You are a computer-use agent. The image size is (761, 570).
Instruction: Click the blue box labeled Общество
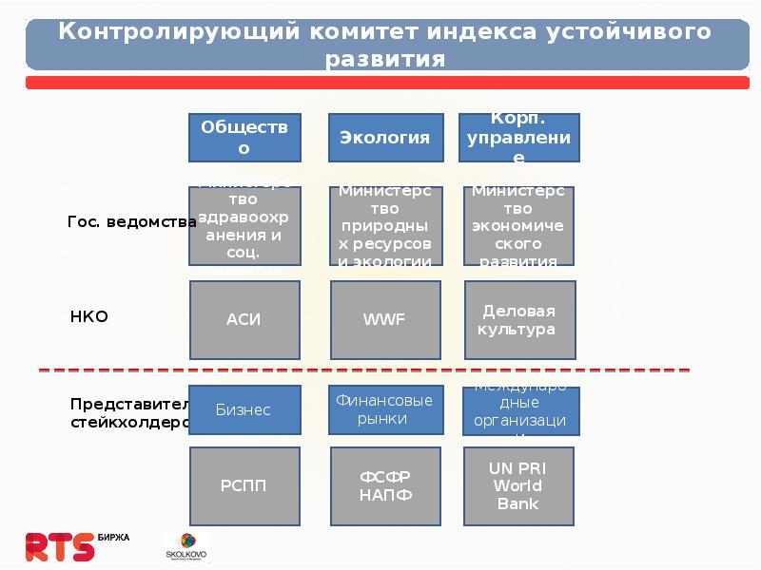tap(244, 137)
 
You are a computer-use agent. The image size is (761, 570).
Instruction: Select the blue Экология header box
tap(385, 137)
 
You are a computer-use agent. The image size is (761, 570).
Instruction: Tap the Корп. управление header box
tap(518, 137)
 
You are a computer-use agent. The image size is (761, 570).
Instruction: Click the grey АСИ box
tap(244, 319)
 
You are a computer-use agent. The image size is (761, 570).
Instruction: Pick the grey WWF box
tap(385, 319)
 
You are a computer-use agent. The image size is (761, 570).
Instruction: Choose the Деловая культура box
tap(519, 320)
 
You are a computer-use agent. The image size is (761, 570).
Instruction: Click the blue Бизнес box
tap(244, 409)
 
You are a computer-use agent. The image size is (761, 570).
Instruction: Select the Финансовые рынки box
tap(385, 409)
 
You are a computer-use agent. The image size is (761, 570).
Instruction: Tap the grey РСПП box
tap(244, 486)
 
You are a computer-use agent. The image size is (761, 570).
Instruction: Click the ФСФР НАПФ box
tap(385, 486)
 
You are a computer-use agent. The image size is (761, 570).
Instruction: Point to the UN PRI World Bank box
tap(519, 486)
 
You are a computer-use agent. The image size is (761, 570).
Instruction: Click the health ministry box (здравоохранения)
tap(244, 226)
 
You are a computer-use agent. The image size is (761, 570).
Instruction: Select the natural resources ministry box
tap(385, 226)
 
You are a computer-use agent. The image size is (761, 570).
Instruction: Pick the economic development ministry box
tap(519, 226)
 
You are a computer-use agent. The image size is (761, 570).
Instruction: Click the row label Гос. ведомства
tap(131, 221)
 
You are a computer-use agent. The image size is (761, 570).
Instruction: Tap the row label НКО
tap(89, 316)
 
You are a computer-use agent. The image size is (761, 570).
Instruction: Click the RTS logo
tap(60, 545)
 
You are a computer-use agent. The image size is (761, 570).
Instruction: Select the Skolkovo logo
tap(186, 545)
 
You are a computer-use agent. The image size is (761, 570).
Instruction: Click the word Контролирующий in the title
tap(180, 30)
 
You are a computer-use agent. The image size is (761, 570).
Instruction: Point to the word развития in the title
tap(384, 58)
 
